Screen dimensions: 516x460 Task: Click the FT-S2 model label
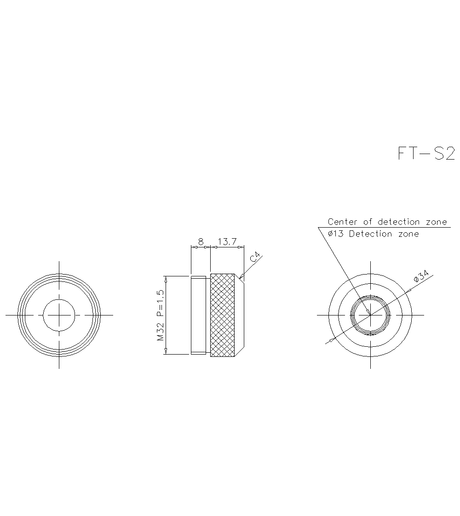(x=426, y=153)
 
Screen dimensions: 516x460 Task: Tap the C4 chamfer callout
(x=256, y=257)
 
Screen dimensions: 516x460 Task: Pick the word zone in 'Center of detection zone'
(x=436, y=222)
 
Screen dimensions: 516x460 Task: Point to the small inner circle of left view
(x=59, y=315)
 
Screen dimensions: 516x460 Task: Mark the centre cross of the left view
(x=59, y=315)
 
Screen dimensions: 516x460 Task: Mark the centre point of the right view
(x=370, y=315)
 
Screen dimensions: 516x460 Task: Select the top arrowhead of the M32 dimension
(x=166, y=279)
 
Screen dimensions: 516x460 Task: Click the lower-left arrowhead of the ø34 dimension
(x=330, y=341)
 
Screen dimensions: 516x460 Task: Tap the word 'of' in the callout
(x=368, y=222)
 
